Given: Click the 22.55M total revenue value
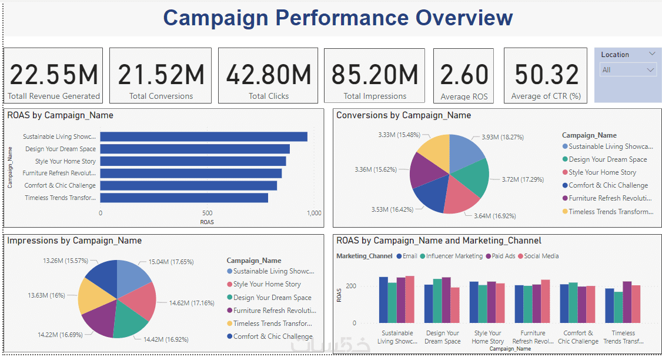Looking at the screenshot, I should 54,75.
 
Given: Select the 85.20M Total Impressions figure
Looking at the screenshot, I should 375,75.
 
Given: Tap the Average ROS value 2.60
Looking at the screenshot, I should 464,75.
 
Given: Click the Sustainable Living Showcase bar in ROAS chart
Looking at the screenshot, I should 203,136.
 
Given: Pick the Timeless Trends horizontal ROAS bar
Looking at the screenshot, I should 184,198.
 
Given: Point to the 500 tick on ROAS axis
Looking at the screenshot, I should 207,213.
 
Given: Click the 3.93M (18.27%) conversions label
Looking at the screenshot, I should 499,138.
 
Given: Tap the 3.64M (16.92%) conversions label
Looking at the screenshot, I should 494,216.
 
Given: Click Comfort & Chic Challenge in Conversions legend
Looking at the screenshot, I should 608,185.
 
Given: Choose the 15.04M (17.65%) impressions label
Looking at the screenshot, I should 170,262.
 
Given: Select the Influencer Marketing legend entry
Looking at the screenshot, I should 454,256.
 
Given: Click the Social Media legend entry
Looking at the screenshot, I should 541,256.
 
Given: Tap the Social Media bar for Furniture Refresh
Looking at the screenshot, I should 545,301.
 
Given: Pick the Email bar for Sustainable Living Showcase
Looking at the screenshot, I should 383,299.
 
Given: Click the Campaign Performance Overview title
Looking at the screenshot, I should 337,18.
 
